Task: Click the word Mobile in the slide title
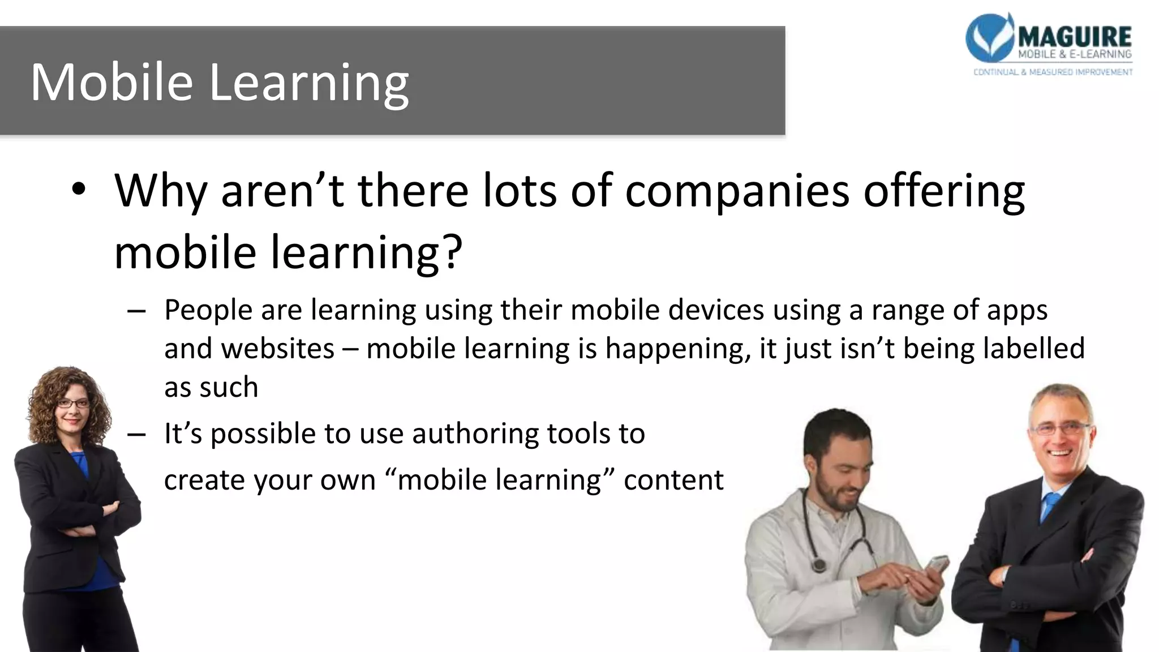111,83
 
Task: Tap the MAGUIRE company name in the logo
1075,37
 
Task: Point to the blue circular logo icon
989,37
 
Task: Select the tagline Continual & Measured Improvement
1053,72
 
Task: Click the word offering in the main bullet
944,191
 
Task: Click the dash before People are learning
136,311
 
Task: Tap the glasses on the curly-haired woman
73,404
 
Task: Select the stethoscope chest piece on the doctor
818,565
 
